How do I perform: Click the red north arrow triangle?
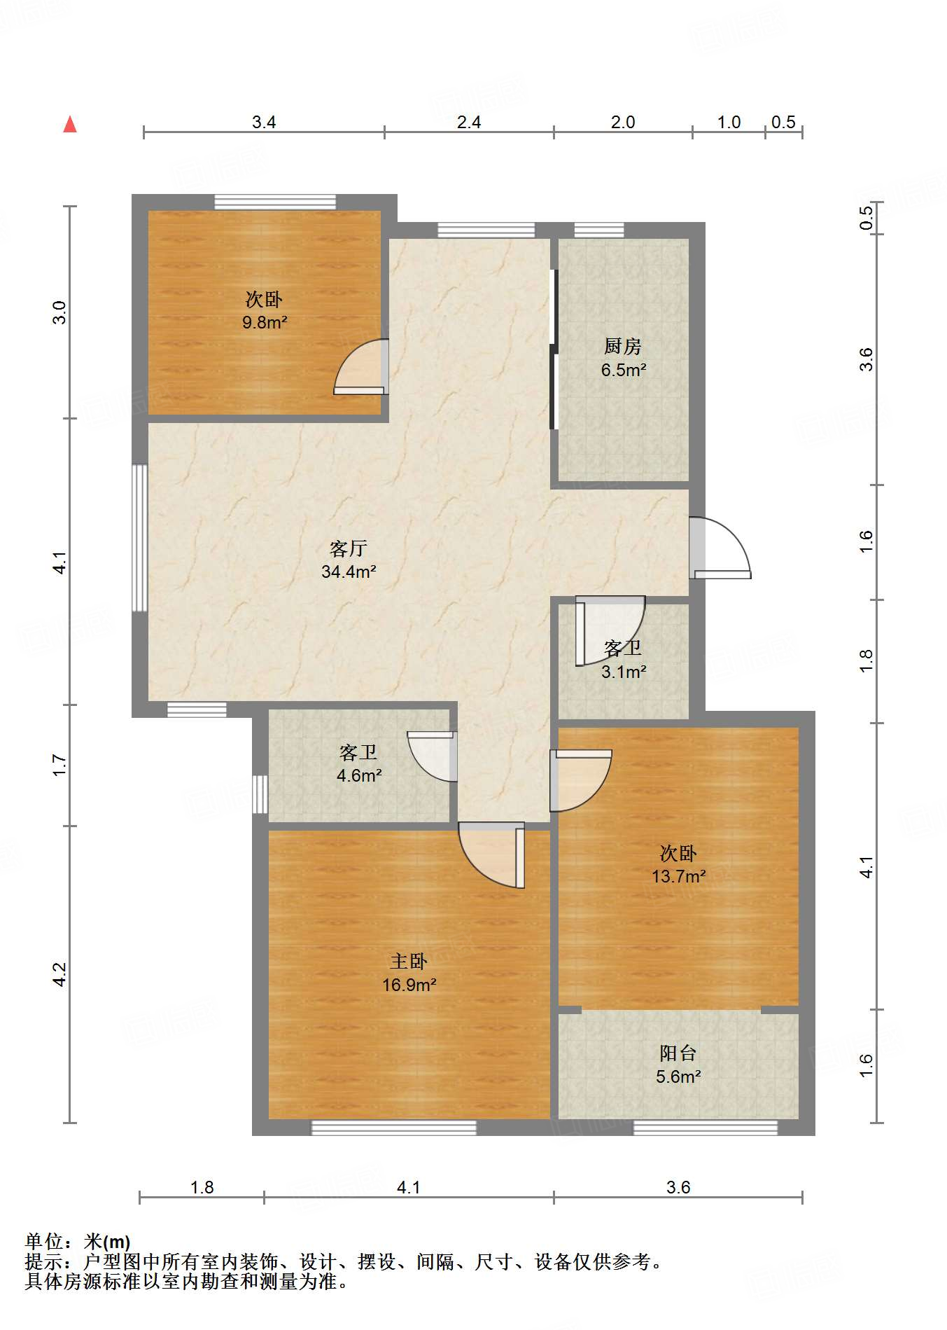pos(70,125)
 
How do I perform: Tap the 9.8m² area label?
pos(265,323)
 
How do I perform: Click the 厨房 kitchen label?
pos(622,346)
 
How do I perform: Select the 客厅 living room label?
pos(349,548)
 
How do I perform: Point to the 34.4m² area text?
pos(349,572)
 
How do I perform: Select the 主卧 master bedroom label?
pos(408,962)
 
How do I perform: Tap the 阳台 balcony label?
pos(678,1053)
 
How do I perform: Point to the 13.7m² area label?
pos(678,876)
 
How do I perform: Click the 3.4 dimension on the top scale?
pos(264,123)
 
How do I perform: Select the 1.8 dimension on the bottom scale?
pos(202,1187)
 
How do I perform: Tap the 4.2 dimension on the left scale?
pos(60,974)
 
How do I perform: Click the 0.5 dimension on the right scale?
pos(867,217)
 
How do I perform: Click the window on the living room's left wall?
pos(140,538)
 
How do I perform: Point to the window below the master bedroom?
pos(393,1128)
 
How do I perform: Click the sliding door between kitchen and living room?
pos(554,349)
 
